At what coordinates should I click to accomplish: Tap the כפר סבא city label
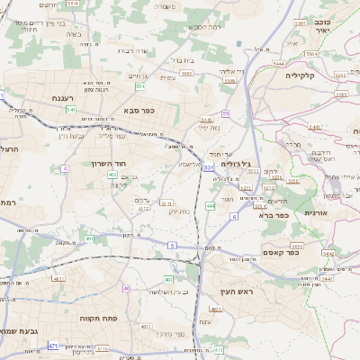click(x=139, y=111)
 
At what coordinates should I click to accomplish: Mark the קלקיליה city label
click(x=310, y=76)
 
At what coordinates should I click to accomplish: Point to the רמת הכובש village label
click(x=205, y=26)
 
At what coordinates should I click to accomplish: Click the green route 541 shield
click(x=71, y=110)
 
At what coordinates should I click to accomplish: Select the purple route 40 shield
click(x=126, y=288)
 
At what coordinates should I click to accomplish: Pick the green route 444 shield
click(x=210, y=206)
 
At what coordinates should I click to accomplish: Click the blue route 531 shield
click(x=209, y=167)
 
